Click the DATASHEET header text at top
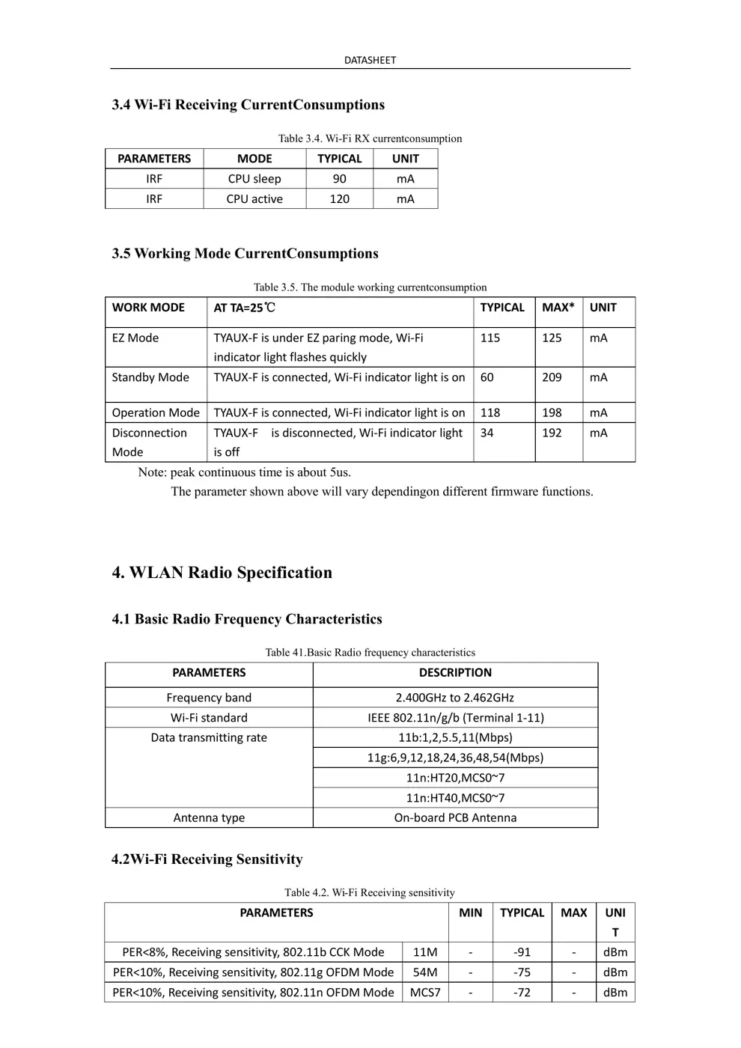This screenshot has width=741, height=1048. [370, 60]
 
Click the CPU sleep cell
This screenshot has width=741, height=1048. [254, 179]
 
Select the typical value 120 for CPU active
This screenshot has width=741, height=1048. [339, 199]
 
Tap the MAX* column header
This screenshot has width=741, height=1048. [558, 308]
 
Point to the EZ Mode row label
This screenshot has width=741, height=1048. [135, 338]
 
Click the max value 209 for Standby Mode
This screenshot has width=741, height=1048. [552, 377]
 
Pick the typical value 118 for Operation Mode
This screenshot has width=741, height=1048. [490, 412]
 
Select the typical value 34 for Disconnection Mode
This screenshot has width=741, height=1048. [487, 433]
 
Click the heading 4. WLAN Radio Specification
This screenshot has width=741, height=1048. [222, 573]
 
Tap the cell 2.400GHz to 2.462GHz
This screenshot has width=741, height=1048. [455, 698]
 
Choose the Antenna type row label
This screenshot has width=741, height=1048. [209, 817]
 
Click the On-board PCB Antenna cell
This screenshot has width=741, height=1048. [455, 817]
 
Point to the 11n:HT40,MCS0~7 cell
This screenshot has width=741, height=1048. [455, 798]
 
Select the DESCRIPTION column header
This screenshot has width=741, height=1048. [455, 673]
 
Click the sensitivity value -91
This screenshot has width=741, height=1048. [522, 952]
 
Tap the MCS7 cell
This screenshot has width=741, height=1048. [425, 993]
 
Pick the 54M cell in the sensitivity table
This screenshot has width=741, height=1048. [425, 972]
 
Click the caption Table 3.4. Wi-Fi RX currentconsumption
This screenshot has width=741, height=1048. [370, 138]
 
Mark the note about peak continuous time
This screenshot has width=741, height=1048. [244, 472]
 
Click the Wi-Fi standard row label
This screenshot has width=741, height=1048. [209, 718]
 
